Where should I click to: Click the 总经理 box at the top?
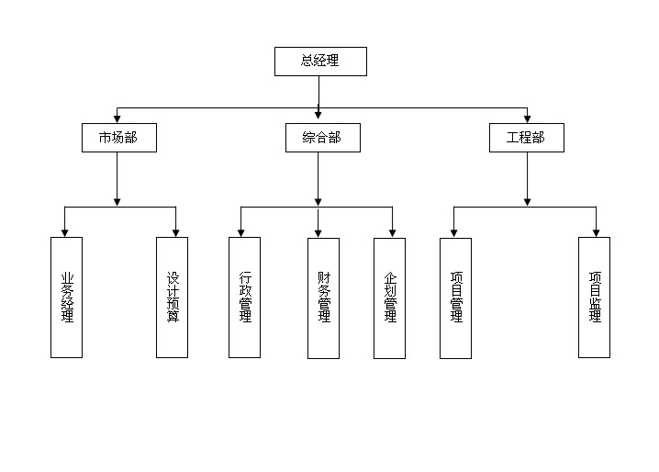tap(320, 62)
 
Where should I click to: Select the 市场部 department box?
tap(117, 138)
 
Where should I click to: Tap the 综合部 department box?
tap(320, 138)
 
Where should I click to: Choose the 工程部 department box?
tap(526, 138)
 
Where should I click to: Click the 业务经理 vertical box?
tap(66, 298)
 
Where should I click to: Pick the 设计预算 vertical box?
tap(172, 298)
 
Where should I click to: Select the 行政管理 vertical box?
tap(244, 298)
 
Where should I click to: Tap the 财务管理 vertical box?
tap(323, 298)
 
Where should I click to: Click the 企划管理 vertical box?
tap(389, 298)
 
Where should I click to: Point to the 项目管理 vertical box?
tap(456, 298)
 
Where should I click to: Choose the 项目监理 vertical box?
tap(594, 298)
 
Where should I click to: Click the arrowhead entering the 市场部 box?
tap(117, 118)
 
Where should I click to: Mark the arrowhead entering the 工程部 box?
tap(527, 118)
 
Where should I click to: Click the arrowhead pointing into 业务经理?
tap(64, 232)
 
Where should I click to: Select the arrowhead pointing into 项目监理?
tap(596, 232)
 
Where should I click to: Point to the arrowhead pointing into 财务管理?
tap(318, 232)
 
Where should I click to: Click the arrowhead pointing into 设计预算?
tap(175, 232)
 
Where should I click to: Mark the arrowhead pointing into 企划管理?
tap(393, 232)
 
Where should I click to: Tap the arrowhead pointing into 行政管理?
tap(241, 232)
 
